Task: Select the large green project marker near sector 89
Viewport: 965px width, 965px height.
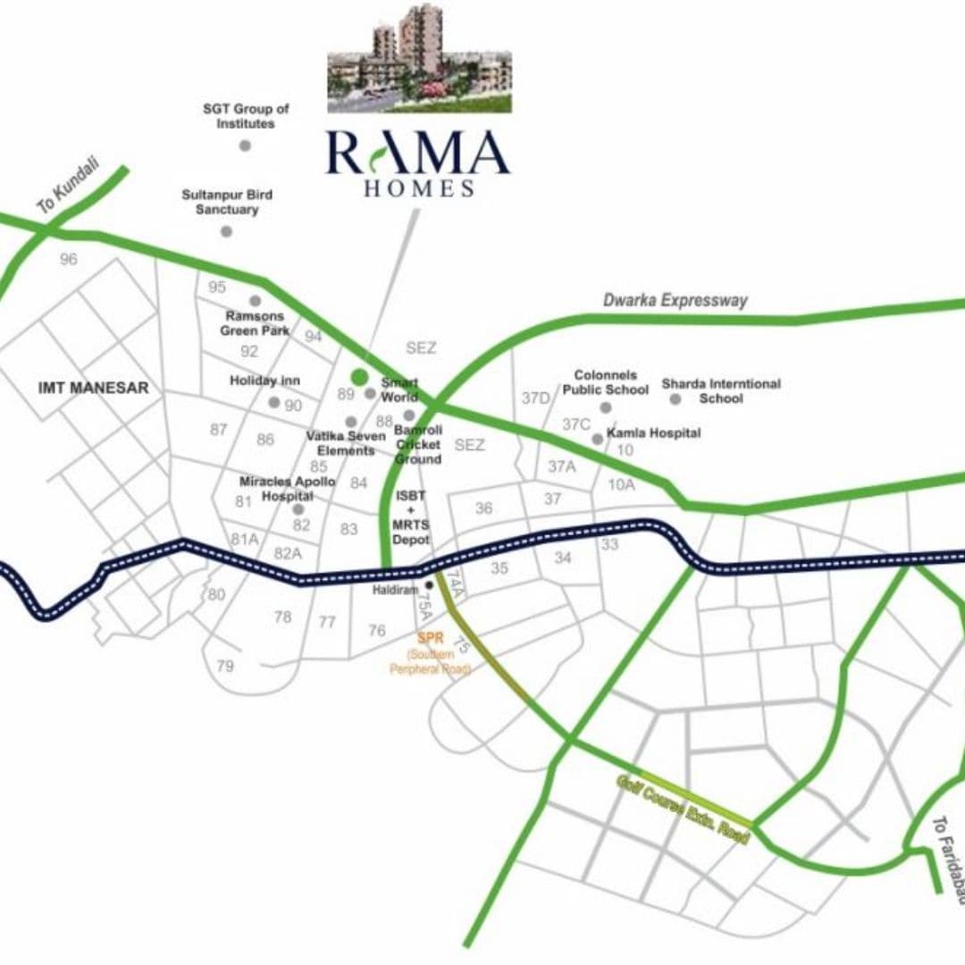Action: tap(359, 377)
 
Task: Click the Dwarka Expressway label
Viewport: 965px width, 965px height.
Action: tap(675, 300)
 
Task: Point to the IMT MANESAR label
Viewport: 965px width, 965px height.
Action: tap(94, 388)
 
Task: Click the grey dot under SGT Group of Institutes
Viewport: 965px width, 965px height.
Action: tap(245, 145)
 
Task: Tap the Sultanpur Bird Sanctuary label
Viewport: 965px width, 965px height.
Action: tap(227, 202)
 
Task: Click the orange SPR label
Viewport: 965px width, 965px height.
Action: tap(431, 639)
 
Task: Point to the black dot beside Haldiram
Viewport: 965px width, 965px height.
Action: tap(430, 584)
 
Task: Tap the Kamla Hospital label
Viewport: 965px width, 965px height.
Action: tap(653, 433)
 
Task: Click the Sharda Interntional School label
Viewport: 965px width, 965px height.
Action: tap(721, 390)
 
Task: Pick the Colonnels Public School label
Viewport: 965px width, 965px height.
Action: tap(605, 382)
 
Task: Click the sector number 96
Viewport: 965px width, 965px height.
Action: tap(69, 260)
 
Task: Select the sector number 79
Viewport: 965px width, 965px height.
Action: tap(225, 666)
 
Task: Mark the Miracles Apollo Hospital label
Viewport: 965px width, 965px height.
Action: tap(287, 488)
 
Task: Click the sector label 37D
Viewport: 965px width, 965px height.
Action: tap(535, 398)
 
